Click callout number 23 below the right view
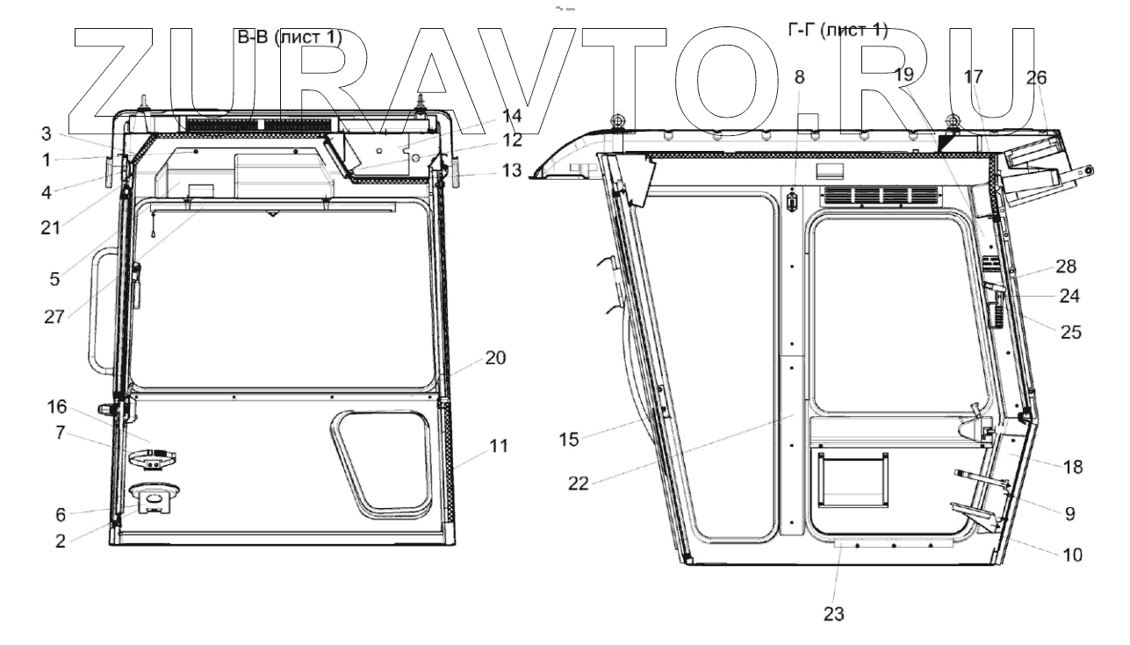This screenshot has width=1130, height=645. [833, 614]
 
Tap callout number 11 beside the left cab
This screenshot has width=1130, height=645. [499, 446]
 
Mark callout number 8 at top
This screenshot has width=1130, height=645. [798, 76]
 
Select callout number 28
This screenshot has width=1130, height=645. [1066, 266]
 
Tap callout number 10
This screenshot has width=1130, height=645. [1072, 555]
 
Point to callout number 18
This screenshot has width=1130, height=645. [1072, 468]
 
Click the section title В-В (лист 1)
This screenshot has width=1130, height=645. [290, 38]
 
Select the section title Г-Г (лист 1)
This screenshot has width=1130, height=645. [838, 31]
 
